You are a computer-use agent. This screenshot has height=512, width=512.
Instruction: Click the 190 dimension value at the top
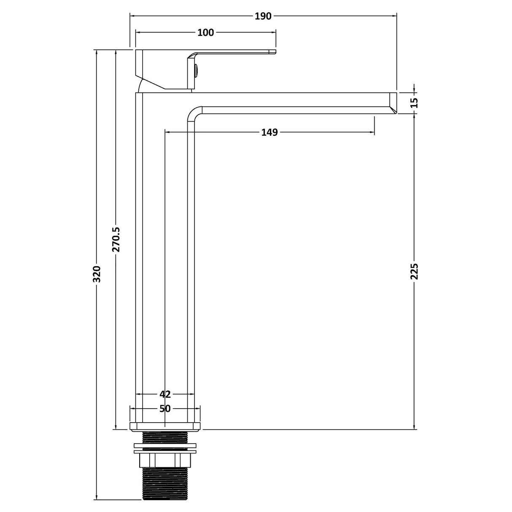pyautogui.click(x=263, y=16)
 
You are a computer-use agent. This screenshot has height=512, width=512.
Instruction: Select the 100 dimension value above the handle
pyautogui.click(x=205, y=33)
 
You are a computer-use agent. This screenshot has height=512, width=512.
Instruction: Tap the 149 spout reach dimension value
pyautogui.click(x=269, y=132)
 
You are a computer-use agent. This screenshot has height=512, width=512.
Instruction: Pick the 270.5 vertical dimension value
pyautogui.click(x=116, y=240)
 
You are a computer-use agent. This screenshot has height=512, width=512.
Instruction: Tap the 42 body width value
pyautogui.click(x=165, y=394)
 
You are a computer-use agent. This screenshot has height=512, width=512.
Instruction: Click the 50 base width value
pyautogui.click(x=165, y=408)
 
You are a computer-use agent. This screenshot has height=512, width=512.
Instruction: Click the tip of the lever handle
pyautogui.click(x=273, y=52)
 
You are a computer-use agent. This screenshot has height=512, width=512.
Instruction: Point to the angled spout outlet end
pyautogui.click(x=393, y=103)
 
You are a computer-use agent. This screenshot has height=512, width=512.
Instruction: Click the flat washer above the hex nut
pyautogui.click(x=165, y=445)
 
